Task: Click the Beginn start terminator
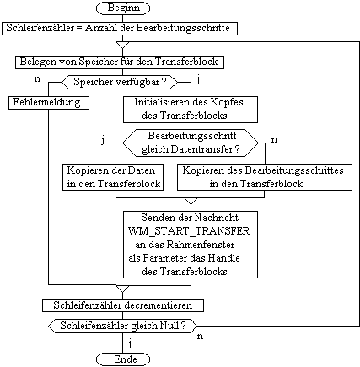[123, 8]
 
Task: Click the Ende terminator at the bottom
[123, 359]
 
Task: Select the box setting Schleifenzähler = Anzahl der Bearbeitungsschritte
[120, 29]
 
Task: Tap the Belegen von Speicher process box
[120, 62]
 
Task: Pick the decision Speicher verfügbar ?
[120, 82]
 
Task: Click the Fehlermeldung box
[49, 103]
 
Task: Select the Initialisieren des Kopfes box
[191, 110]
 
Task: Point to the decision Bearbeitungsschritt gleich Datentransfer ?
[191, 143]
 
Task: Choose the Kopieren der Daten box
[113, 177]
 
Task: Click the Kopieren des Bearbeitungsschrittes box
[265, 177]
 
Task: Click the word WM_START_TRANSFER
[189, 231]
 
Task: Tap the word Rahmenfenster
[201, 245]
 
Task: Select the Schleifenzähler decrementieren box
[123, 305]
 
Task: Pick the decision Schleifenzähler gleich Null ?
[122, 326]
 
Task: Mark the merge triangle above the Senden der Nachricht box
[191, 202]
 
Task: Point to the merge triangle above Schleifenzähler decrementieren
[122, 289]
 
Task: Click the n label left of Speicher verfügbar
[37, 79]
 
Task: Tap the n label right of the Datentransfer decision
[274, 140]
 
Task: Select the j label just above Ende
[130, 343]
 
